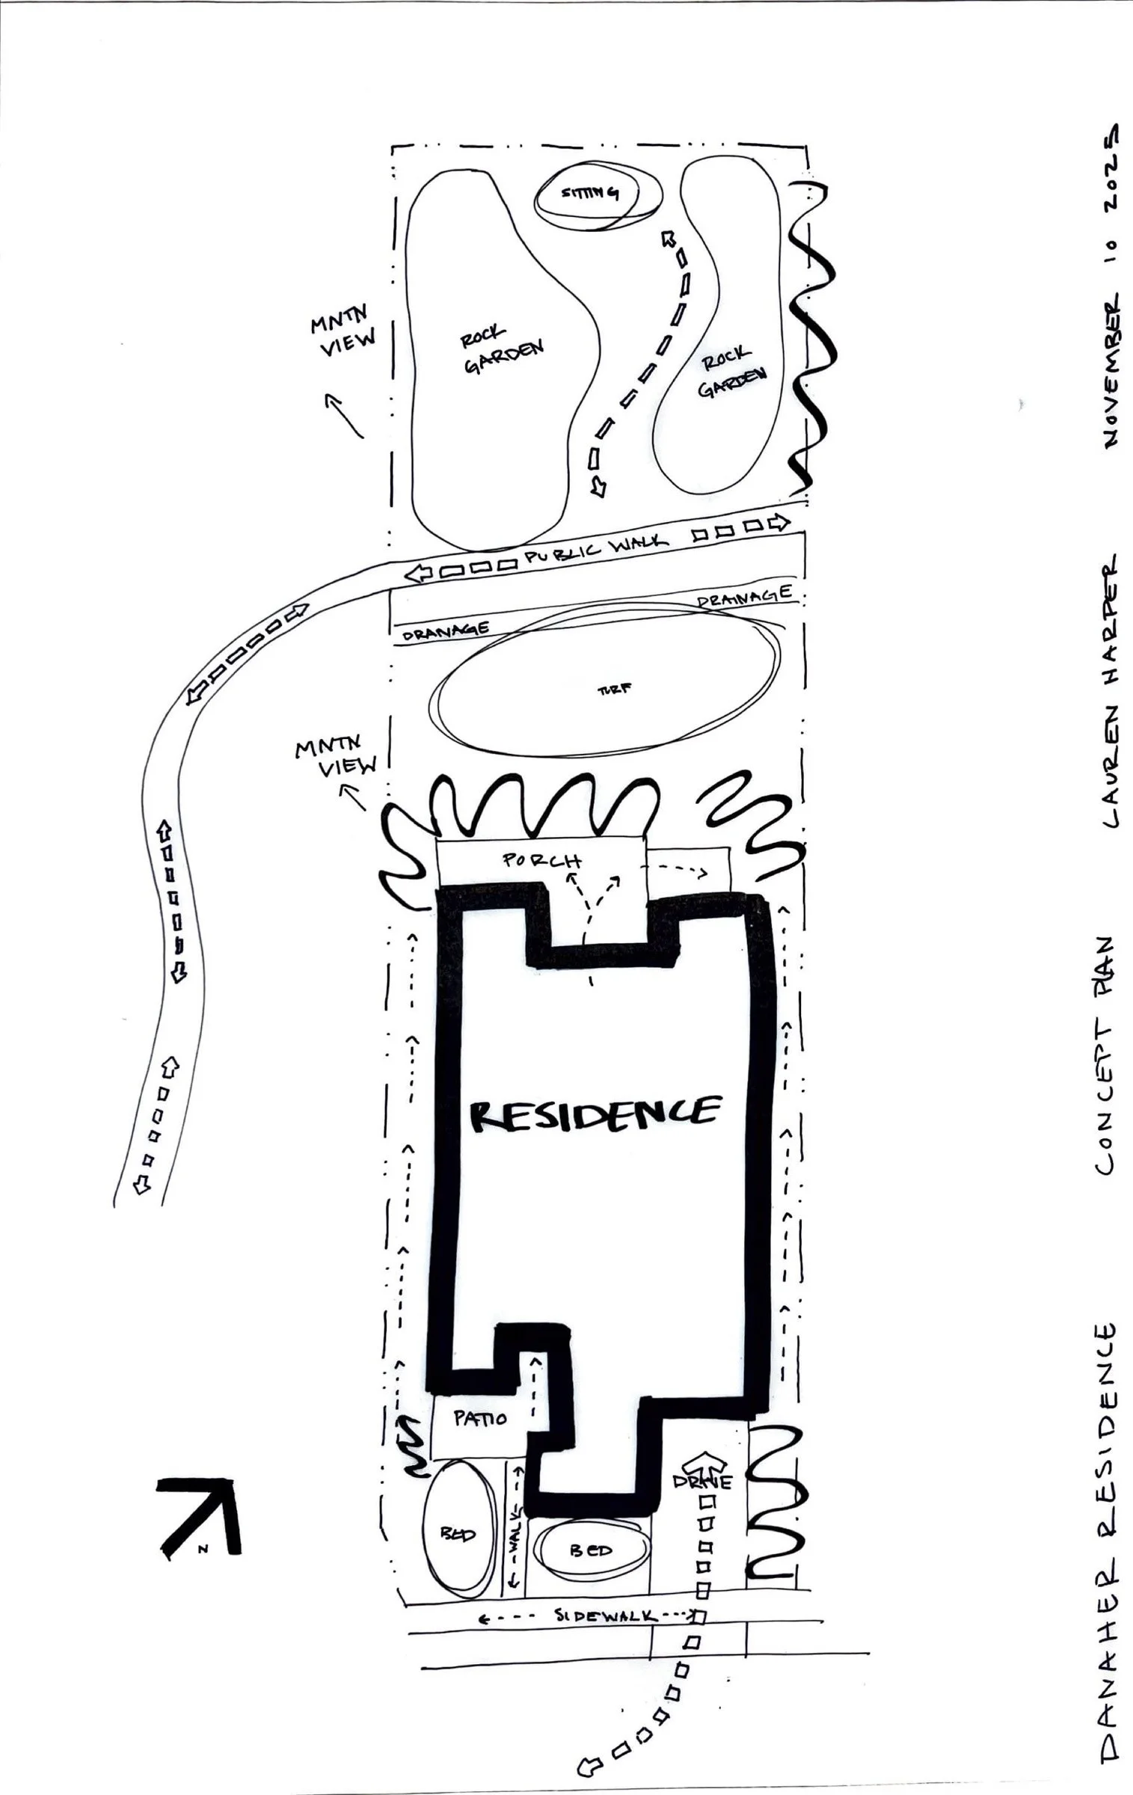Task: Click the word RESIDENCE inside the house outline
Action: pos(595,1115)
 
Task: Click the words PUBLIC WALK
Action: pos(595,551)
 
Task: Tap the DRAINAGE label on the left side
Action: pos(446,631)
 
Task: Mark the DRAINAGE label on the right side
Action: pos(743,597)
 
